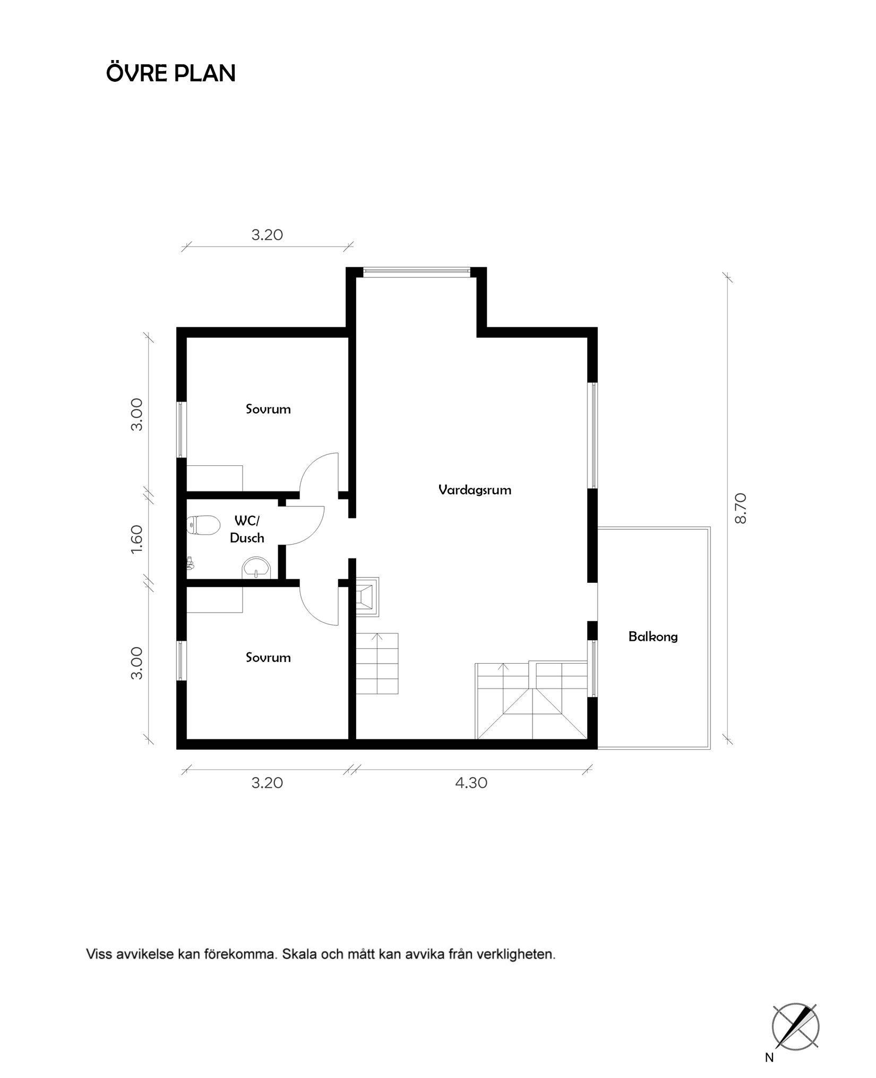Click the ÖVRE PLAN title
pos(170,73)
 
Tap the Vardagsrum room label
pos(475,490)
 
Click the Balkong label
pos(652,636)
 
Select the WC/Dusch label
pos(247,530)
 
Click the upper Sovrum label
pos(268,409)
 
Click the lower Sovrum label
pos(268,658)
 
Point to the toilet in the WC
pos(204,525)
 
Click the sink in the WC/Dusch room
pos(256,568)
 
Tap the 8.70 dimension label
pos(741,508)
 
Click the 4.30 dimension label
pos(471,783)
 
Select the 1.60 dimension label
pos(137,540)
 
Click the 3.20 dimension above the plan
pos(267,235)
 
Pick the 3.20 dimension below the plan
pos(267,783)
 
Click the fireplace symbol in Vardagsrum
pos(367,597)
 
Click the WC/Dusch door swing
pos(305,526)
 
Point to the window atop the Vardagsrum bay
pos(417,272)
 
